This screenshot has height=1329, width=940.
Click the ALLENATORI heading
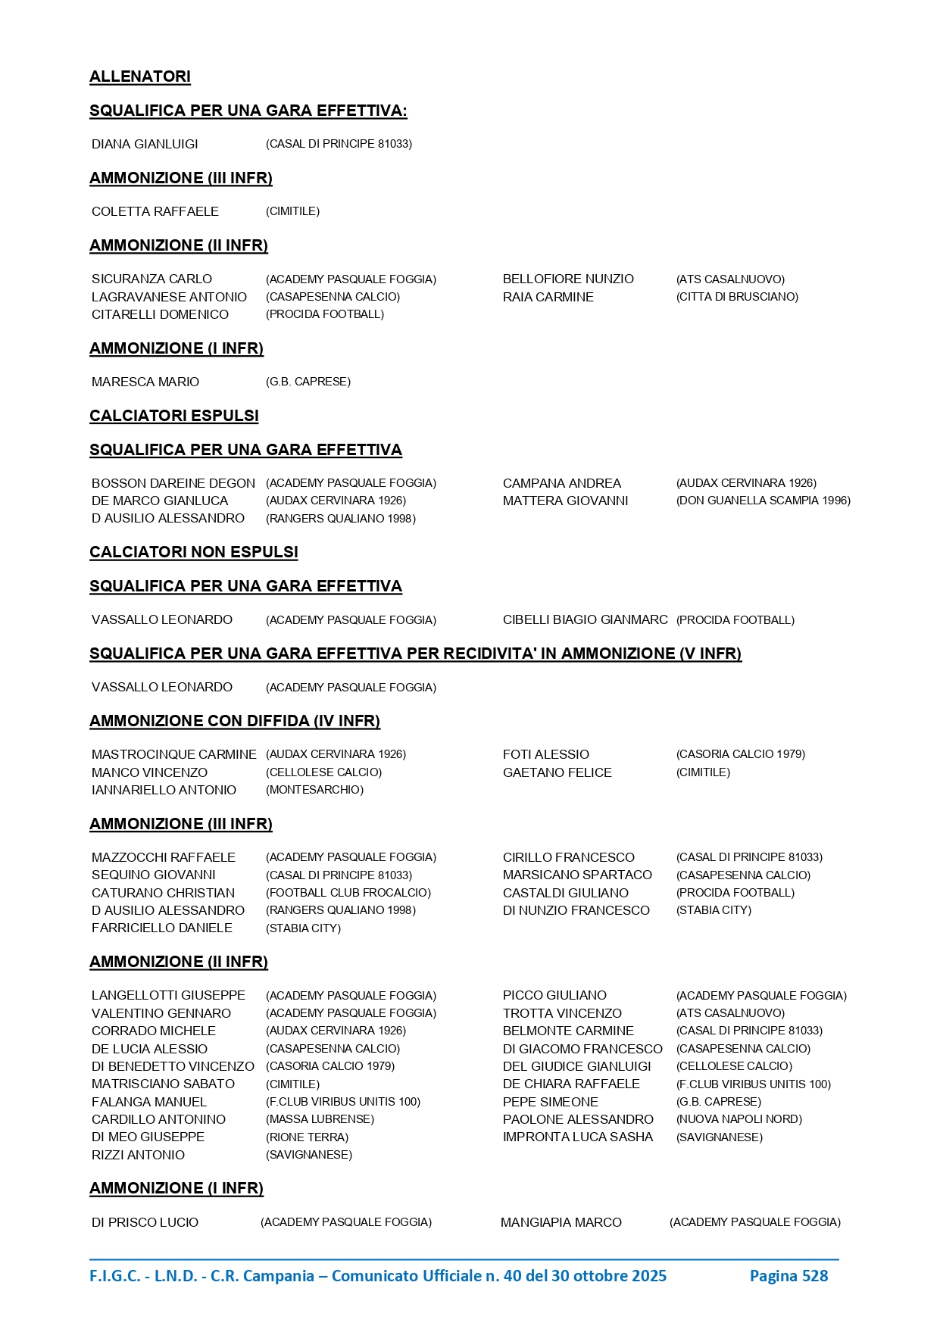tap(140, 76)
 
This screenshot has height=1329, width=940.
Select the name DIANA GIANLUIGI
tap(145, 144)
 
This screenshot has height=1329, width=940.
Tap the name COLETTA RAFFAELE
tap(155, 211)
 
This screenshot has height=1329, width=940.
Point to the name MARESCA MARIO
tap(145, 382)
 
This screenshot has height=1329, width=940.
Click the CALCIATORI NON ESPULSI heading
tap(194, 552)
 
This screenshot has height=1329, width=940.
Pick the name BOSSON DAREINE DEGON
tap(173, 483)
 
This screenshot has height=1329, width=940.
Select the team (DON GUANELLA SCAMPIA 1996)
tap(763, 501)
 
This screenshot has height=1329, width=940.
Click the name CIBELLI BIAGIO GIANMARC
tap(585, 619)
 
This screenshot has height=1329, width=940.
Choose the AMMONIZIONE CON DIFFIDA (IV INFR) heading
tap(235, 721)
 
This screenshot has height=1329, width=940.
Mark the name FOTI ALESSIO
tap(546, 754)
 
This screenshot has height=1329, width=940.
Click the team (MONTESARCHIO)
tap(314, 790)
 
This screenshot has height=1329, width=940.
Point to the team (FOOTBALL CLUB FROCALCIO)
tap(348, 893)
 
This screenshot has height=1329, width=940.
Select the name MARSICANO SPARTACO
tap(577, 875)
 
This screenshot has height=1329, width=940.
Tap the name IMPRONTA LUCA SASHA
tap(578, 1137)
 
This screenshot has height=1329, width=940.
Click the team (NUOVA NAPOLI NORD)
tap(739, 1119)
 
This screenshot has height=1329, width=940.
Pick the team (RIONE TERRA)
tap(307, 1137)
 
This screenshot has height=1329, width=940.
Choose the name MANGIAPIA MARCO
tap(561, 1222)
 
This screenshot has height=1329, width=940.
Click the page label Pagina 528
tap(789, 1276)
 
